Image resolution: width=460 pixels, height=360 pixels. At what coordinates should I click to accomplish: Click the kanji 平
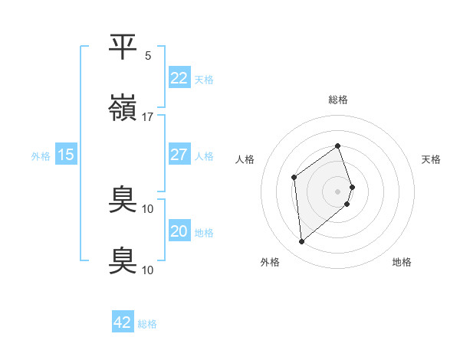click(123, 47)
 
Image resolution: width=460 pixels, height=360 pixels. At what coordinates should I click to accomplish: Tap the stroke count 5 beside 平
click(148, 56)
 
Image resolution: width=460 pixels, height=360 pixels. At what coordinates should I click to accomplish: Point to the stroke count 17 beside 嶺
click(148, 117)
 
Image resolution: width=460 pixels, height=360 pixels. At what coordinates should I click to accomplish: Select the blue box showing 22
click(179, 78)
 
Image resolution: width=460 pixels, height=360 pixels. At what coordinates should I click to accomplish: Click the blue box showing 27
click(179, 155)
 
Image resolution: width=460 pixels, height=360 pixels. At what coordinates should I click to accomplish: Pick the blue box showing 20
click(179, 231)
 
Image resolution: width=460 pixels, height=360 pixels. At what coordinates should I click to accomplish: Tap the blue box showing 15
click(65, 155)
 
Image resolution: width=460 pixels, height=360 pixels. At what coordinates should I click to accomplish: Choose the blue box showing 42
click(123, 322)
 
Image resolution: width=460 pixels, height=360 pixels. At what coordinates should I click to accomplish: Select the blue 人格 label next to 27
click(204, 156)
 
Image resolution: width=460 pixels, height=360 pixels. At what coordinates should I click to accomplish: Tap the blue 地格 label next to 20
click(204, 233)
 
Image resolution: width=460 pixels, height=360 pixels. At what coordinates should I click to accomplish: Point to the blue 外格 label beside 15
click(41, 156)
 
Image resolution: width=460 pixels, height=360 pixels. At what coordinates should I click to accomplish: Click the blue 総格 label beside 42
click(147, 324)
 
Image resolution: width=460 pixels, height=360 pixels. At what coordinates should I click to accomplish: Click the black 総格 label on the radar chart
click(338, 100)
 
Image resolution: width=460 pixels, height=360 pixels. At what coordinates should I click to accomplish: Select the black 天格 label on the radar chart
click(432, 159)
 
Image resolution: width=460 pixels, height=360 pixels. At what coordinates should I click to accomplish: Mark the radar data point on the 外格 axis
click(302, 242)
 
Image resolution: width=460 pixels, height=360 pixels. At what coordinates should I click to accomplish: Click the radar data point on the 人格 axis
click(294, 178)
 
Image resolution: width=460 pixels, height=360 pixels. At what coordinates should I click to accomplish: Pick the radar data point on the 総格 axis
click(338, 146)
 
